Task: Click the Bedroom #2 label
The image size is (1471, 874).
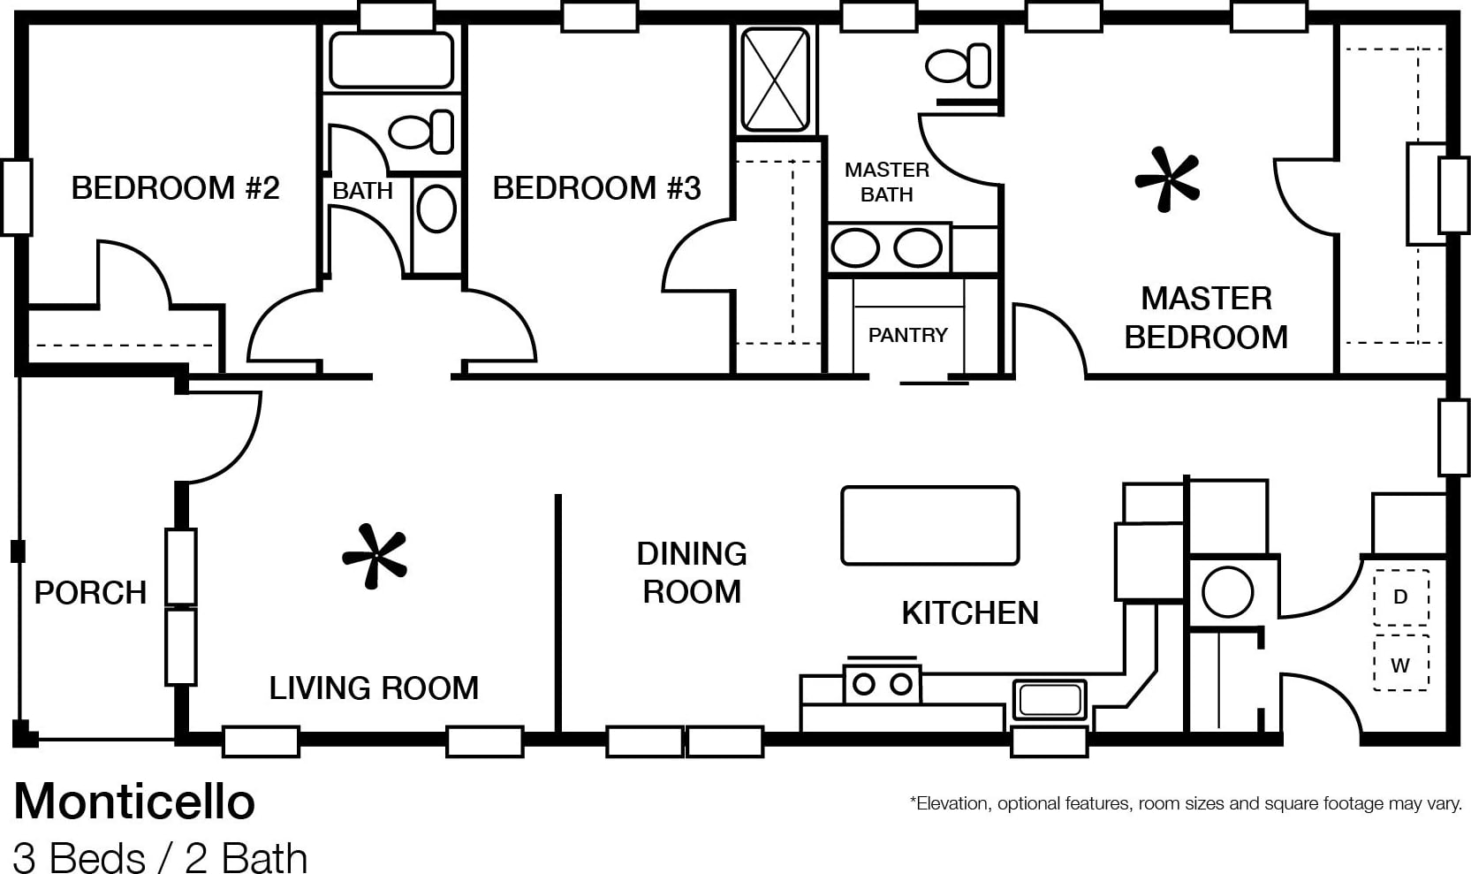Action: point(175,188)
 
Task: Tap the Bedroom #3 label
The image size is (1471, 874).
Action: point(597,188)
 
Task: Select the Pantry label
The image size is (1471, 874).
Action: point(907,335)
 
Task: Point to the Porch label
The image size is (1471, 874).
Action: point(90,592)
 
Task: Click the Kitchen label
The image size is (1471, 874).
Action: point(970,612)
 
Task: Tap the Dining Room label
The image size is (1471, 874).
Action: point(692,573)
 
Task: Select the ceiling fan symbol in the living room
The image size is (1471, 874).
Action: point(375,556)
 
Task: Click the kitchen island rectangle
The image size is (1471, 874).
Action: point(930,525)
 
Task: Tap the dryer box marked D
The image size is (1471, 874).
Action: point(1400,597)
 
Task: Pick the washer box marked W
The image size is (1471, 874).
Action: point(1400,663)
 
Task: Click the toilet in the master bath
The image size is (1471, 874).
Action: point(958,65)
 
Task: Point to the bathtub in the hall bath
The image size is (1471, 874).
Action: point(391,60)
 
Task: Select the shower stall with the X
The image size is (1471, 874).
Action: point(775,80)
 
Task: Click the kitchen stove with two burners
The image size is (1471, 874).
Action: point(882,684)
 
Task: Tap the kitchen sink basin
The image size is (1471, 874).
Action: point(1050,700)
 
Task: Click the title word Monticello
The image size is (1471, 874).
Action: point(134,802)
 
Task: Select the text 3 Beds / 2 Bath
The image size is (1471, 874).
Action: point(160,857)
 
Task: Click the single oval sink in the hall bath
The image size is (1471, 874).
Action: point(436,209)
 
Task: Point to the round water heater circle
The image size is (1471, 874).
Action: point(1227,591)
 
